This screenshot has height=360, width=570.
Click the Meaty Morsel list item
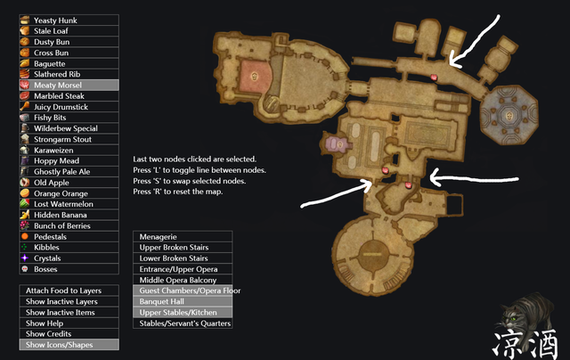pos(69,85)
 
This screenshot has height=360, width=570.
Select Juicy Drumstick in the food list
pos(69,107)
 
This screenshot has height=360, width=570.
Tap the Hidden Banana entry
pos(69,215)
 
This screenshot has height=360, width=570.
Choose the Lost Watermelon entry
pos(69,204)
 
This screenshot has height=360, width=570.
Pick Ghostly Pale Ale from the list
pos(69,172)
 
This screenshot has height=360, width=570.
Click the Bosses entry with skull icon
pos(69,269)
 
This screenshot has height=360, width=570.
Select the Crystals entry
pos(69,258)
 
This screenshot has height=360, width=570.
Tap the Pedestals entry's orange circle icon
pos(25,236)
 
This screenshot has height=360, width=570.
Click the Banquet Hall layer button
pos(183,301)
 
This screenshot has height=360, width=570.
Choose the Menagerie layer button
pos(183,237)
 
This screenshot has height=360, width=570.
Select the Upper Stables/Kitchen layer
pos(183,313)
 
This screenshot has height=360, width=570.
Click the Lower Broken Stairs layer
pos(183,258)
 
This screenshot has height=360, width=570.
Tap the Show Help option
pos(69,323)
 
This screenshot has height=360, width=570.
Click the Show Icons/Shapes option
pos(69,345)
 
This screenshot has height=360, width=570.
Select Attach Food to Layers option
pos(69,290)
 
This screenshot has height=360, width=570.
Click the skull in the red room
pos(255,77)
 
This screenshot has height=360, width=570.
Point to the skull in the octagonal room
pos(509,116)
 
